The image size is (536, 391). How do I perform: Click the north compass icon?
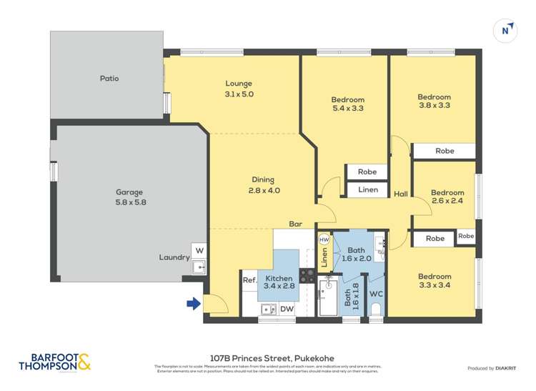click(505, 30)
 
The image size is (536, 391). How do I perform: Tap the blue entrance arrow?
click(193, 304)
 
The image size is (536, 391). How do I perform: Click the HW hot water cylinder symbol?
click(324, 239)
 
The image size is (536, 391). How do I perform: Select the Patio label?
click(109, 78)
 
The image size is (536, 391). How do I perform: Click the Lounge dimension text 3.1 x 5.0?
click(239, 94)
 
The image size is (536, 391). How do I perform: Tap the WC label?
click(376, 294)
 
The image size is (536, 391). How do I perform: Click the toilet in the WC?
click(376, 310)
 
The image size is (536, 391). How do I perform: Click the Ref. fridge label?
click(249, 280)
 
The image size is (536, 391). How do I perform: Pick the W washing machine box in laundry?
click(199, 251)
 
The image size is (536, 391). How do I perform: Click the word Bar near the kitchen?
click(295, 224)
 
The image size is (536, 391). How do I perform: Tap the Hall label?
click(401, 193)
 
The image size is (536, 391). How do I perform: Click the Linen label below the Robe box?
click(367, 190)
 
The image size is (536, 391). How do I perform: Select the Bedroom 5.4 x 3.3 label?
click(348, 104)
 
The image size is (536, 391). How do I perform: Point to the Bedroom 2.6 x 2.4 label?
click(447, 197)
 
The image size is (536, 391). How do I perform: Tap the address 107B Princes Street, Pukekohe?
click(272, 358)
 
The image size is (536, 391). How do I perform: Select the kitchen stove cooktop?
click(307, 275)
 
